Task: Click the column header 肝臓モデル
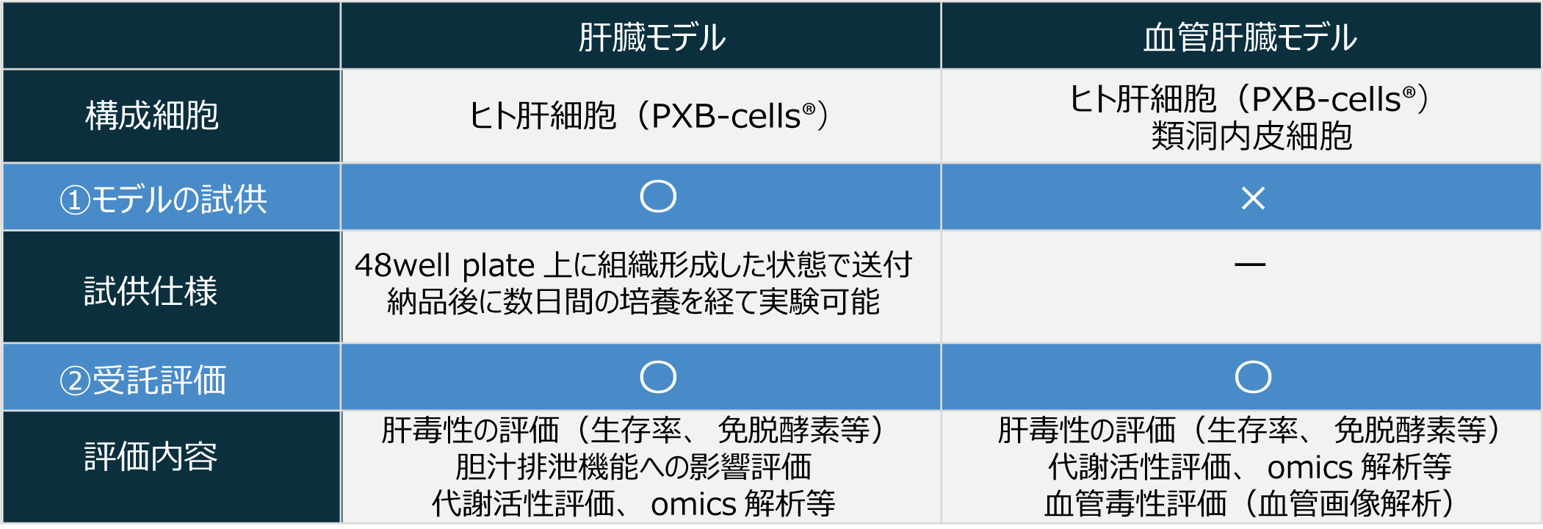651,37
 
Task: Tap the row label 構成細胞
152,115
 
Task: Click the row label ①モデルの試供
163,199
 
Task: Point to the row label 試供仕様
151,291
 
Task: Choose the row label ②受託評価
142,380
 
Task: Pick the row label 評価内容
151,456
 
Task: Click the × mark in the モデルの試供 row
1253,198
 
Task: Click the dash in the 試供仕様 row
1250,264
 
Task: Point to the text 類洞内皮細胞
1251,136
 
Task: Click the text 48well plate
445,265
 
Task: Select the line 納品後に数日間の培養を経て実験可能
633,301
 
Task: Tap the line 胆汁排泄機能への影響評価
633,467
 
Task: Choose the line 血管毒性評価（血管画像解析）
1251,503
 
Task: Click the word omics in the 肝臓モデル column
693,504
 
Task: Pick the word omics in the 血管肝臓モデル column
1310,467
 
